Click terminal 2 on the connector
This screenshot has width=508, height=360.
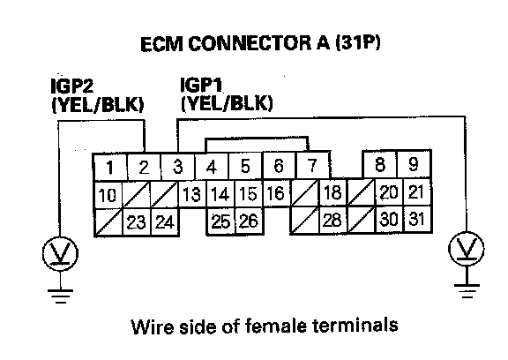coord(144,167)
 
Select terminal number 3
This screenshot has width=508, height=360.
coord(178,167)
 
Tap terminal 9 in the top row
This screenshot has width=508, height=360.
coord(414,164)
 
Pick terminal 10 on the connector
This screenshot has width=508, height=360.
coord(108,195)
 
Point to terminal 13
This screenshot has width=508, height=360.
coord(191,194)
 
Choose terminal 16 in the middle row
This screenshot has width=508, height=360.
coord(276,193)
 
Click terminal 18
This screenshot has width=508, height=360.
coord(333,192)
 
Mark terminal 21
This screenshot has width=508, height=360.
coord(416,191)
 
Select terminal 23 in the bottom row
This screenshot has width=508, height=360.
coord(137,222)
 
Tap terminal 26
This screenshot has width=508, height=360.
coord(249,221)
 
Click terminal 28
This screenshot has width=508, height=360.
coord(333,220)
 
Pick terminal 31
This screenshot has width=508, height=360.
coord(416,219)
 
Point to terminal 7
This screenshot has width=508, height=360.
coord(312,166)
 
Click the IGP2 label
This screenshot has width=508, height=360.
coord(72,86)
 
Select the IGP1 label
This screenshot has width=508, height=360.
coord(201,85)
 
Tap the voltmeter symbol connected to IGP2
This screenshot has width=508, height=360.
coord(60,253)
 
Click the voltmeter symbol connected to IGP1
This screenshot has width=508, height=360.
coord(467,249)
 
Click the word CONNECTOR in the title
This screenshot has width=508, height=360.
coord(249,44)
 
